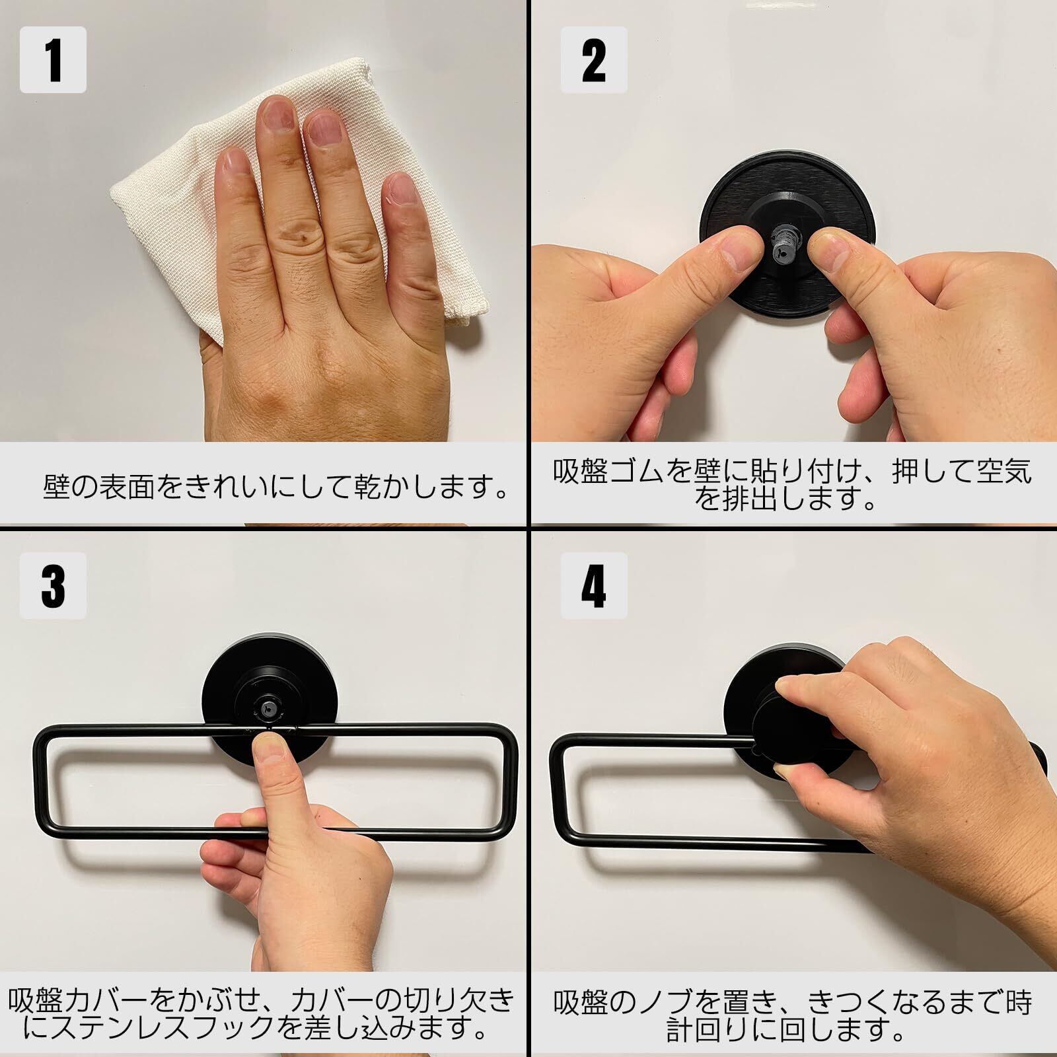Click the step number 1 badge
click(x=53, y=59)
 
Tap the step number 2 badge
click(x=593, y=59)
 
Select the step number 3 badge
click(x=53, y=585)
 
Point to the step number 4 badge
click(x=593, y=585)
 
